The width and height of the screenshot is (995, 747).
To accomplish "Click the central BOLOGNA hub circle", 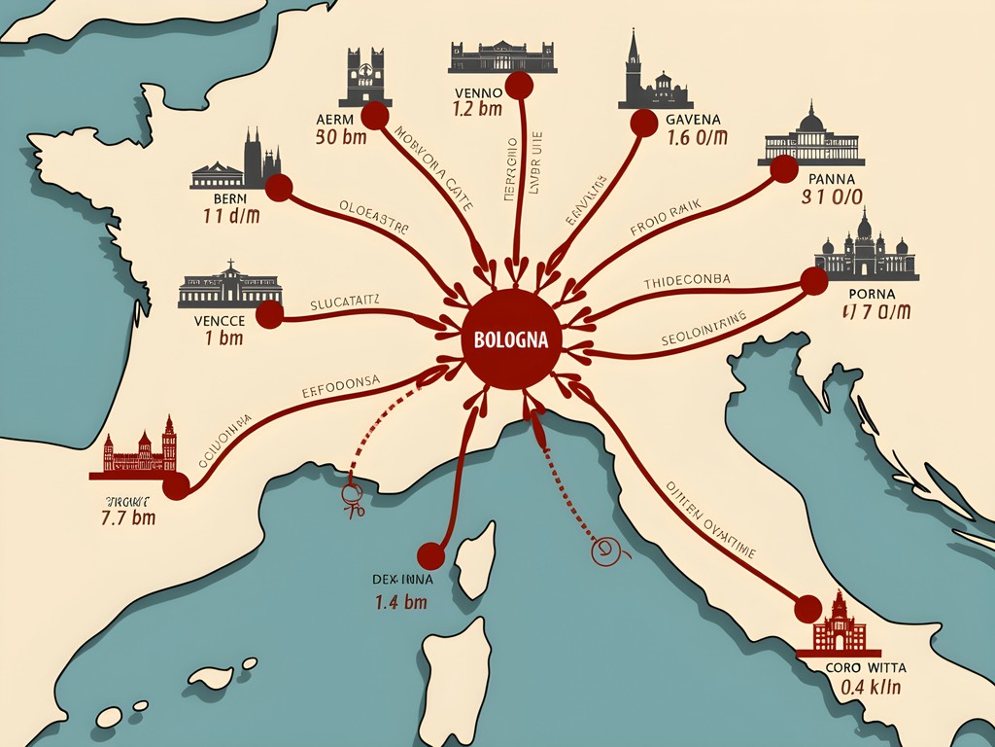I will pyautogui.click(x=512, y=340).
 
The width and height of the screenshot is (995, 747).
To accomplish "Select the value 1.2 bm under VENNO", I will pyautogui.click(x=477, y=109).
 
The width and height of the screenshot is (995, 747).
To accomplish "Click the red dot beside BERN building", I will pyautogui.click(x=279, y=189).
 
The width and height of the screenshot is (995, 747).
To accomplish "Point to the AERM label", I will pyautogui.click(x=337, y=119).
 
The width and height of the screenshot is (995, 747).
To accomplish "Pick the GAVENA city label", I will pyautogui.click(x=696, y=120).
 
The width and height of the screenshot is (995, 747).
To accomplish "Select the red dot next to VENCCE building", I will pyautogui.click(x=269, y=314).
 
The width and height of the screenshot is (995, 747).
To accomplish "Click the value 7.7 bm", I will pyautogui.click(x=128, y=517).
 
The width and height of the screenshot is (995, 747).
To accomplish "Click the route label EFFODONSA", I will pyautogui.click(x=341, y=381).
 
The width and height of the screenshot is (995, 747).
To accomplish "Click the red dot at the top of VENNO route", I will pyautogui.click(x=520, y=86).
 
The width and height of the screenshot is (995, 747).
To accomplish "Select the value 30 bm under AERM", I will pyautogui.click(x=341, y=137).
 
